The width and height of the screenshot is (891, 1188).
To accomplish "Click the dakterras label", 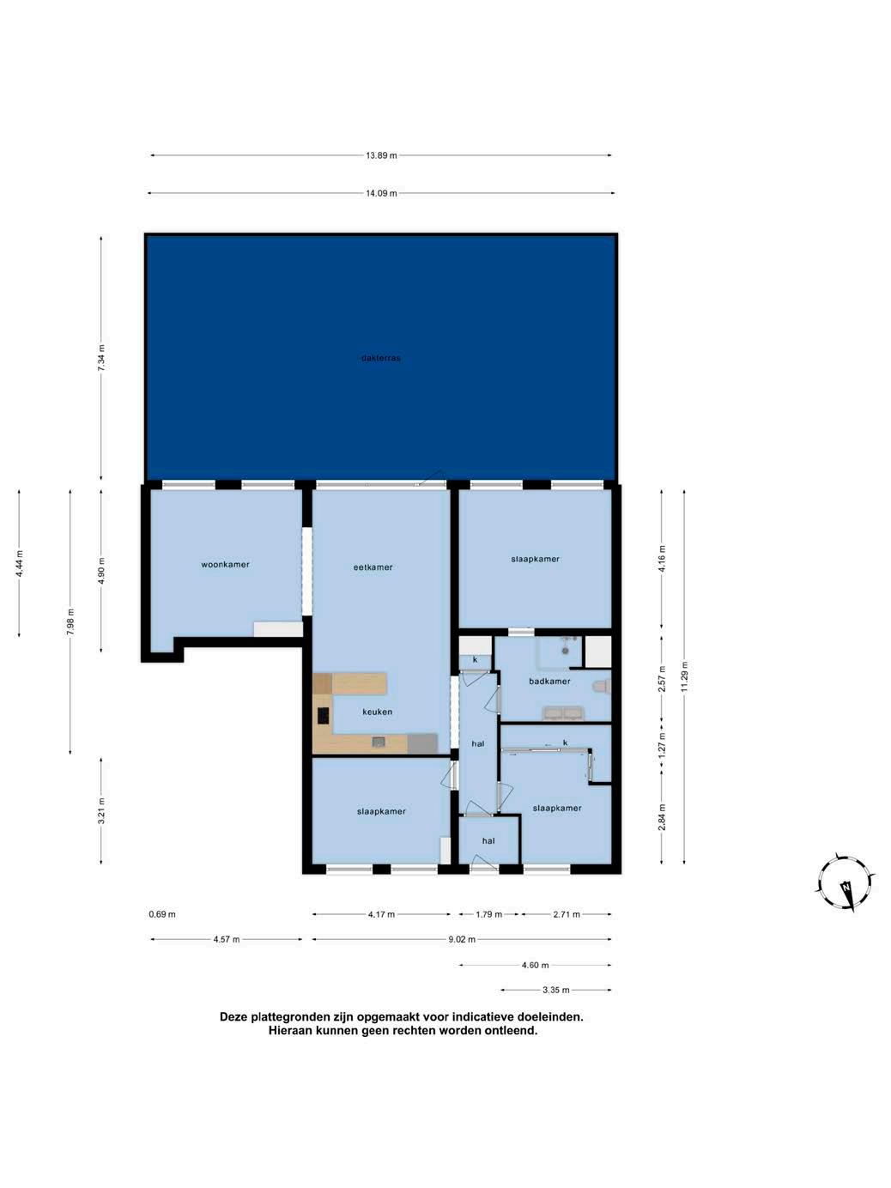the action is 381,358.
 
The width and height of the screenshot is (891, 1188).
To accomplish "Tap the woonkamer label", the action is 225,565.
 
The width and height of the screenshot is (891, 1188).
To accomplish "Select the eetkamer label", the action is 373,567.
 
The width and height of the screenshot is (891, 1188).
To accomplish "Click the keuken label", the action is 377,712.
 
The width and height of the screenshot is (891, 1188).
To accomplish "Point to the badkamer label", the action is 549,682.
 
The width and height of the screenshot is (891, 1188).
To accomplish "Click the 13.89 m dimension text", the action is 381,155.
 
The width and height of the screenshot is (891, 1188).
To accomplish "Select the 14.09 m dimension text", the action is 381,193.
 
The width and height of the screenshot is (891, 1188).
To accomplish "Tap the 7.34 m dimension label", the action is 101,357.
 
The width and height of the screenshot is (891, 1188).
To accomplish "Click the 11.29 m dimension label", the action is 685,676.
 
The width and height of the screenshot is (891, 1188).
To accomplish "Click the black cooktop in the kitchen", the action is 323,716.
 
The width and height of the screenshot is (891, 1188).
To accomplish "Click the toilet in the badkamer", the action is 602,688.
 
